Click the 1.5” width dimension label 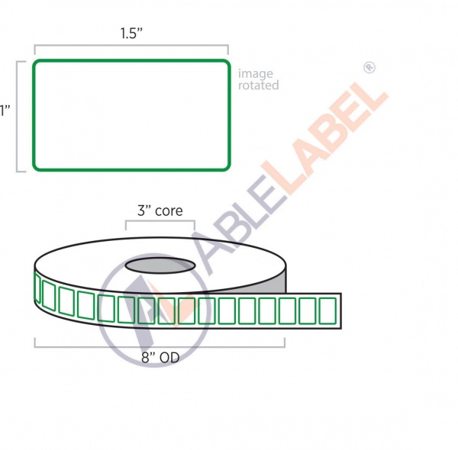(x=131, y=34)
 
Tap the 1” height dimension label (x=5, y=111)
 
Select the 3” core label (x=160, y=211)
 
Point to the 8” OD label (x=160, y=356)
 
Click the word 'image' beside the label (x=255, y=74)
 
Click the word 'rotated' (x=258, y=85)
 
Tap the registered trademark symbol (x=369, y=68)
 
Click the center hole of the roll (x=160, y=265)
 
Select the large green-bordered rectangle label (x=131, y=115)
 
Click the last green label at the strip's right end (x=327, y=310)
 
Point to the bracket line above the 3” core (x=160, y=222)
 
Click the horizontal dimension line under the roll (x=160, y=346)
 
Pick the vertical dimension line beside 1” (x=18, y=115)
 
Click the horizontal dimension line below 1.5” (x=131, y=47)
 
